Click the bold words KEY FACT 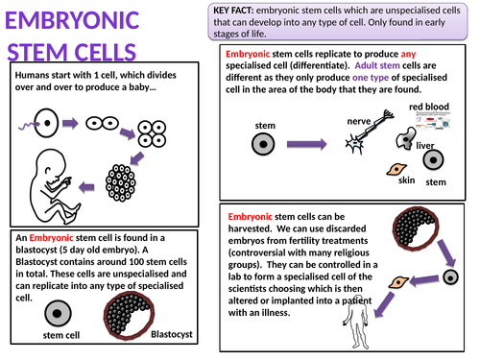pos(237,10)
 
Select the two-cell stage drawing pos(102,124)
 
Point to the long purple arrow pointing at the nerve pos(308,144)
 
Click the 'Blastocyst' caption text pos(173,334)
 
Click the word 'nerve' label pos(358,121)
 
